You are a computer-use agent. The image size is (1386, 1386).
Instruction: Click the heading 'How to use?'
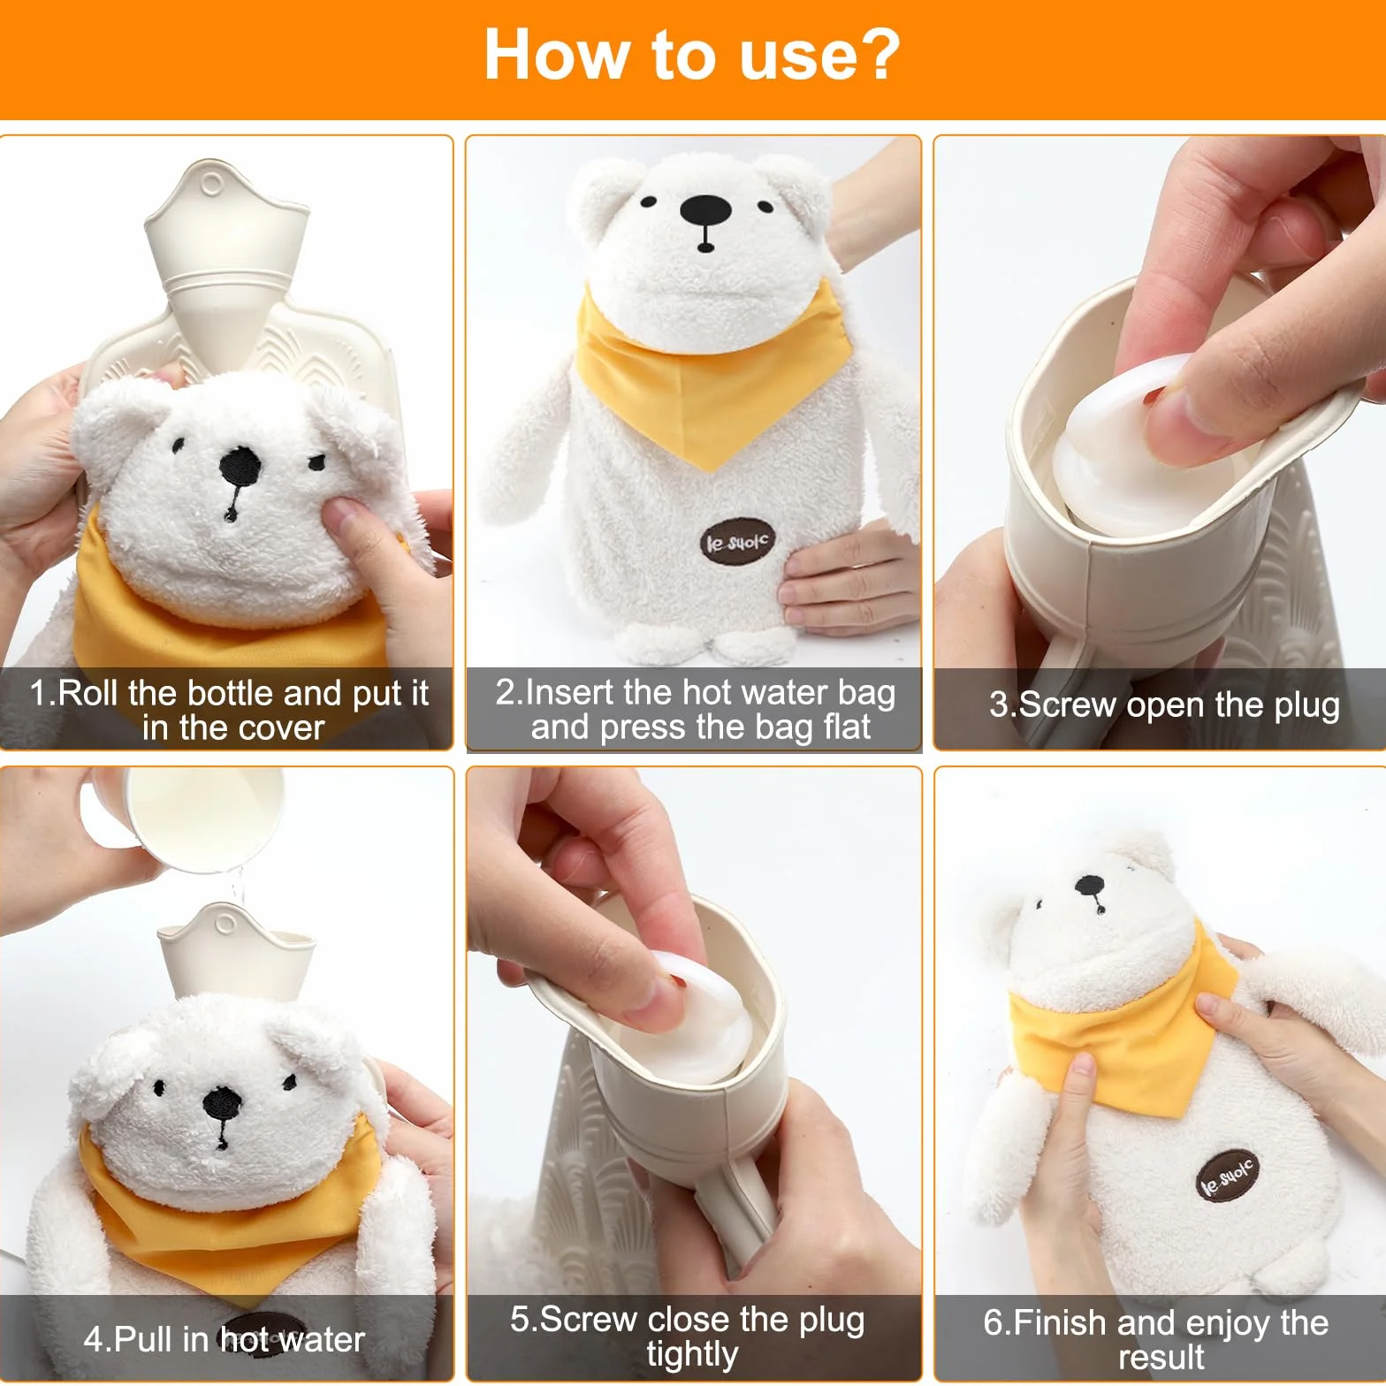[x=692, y=55]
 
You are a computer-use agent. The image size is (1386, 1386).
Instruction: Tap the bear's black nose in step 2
[x=705, y=210]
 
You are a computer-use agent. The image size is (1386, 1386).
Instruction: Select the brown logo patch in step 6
[x=1227, y=1175]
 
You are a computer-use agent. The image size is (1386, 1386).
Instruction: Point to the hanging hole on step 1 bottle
[x=212, y=185]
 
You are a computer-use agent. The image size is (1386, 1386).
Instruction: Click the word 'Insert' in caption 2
[x=570, y=692]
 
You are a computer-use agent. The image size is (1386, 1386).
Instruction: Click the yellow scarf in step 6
[x=1123, y=1030]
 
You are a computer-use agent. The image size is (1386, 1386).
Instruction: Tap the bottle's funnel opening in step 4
[x=237, y=950]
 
